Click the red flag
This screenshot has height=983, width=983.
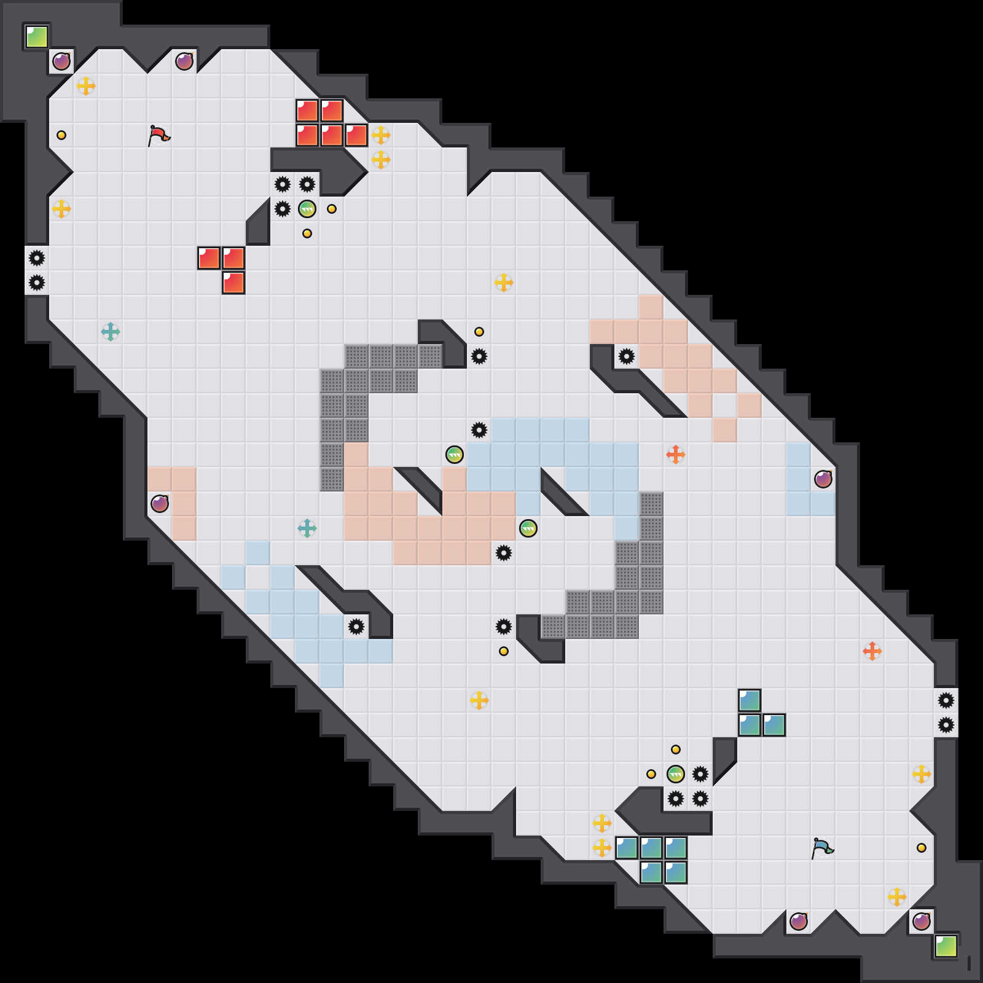tap(159, 135)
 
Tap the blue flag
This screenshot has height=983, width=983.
tap(822, 848)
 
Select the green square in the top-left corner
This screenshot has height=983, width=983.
tap(37, 37)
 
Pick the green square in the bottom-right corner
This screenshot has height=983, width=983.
tap(946, 946)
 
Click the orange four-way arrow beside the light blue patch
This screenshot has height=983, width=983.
tap(676, 455)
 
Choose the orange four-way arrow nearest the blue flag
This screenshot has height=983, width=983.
tap(872, 651)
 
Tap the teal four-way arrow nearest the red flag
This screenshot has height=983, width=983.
tap(111, 332)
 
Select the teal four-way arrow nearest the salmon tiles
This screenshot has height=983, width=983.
tap(307, 528)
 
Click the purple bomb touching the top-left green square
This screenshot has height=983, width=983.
tap(61, 61)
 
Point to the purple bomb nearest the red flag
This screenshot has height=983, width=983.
tap(184, 61)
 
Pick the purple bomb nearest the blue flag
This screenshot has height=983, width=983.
tap(799, 922)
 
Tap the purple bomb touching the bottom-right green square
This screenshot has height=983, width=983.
tap(922, 922)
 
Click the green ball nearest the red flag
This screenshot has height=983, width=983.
tap(307, 209)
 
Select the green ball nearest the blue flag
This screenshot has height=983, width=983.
tap(676, 774)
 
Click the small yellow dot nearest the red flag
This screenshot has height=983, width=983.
tap(61, 135)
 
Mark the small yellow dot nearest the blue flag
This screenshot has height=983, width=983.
tap(922, 848)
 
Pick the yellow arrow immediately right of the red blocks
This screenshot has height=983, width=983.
tap(381, 135)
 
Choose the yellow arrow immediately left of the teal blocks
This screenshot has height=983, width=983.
tap(602, 848)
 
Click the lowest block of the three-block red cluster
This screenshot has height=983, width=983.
tap(233, 283)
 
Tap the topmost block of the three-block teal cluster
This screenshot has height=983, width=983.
tap(750, 700)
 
